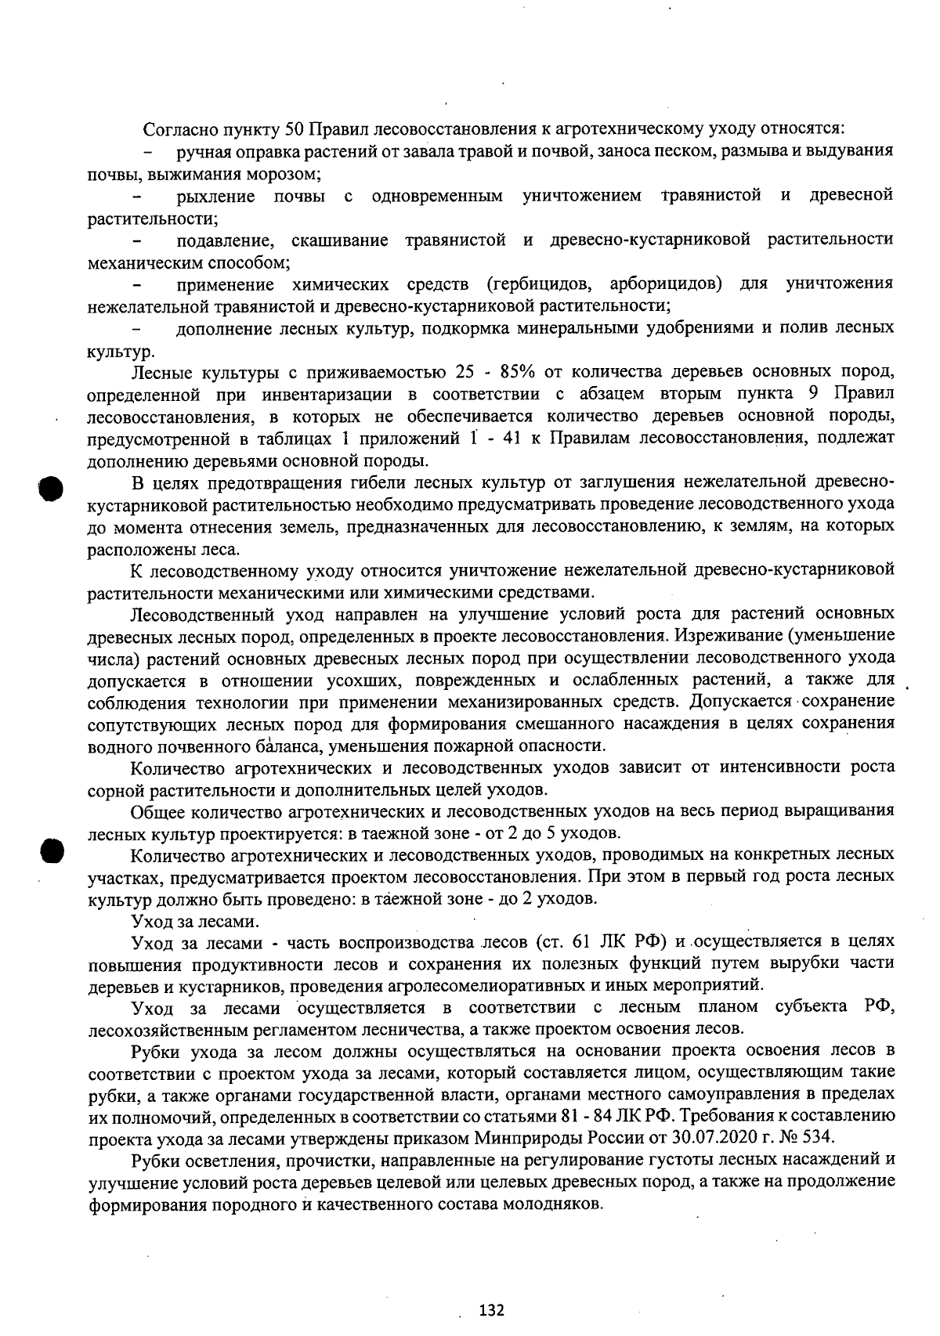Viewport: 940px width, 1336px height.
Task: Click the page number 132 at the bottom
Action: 492,1309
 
